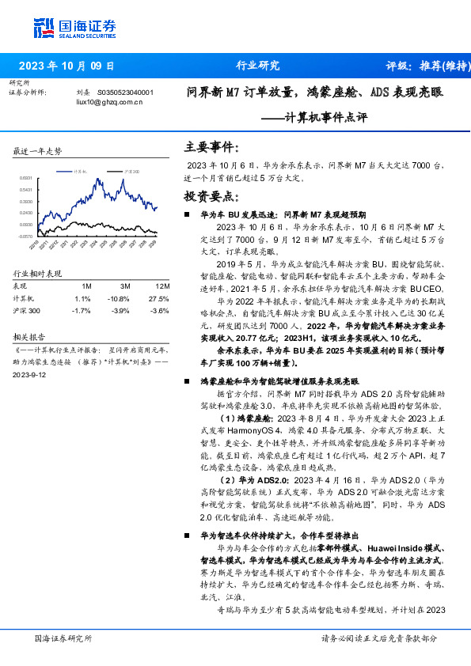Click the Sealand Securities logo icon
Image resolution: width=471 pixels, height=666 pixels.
(44, 28)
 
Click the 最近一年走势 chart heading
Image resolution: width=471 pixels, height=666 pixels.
(38, 151)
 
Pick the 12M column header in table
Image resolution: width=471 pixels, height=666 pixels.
(162, 286)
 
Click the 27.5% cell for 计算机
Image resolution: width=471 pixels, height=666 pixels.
(160, 299)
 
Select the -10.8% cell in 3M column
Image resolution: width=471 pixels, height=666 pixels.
(120, 299)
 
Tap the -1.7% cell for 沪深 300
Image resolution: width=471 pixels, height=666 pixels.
(82, 311)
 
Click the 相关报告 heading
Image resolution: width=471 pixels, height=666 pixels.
(28, 335)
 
